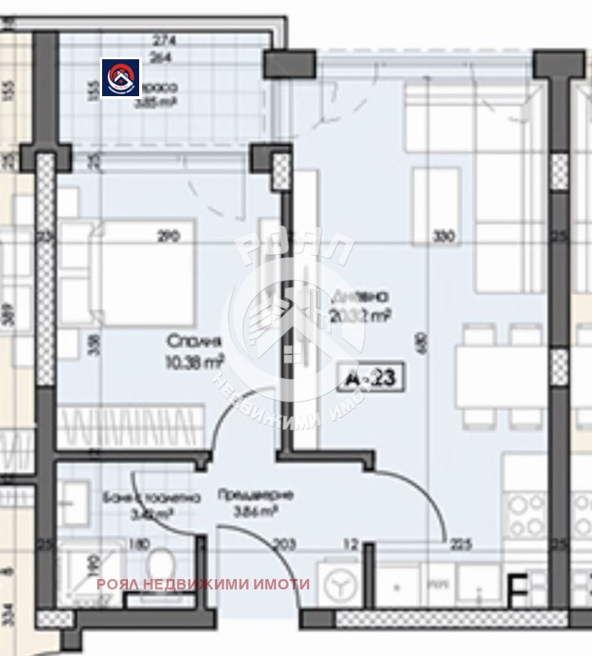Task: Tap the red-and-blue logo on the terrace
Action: pos(121,78)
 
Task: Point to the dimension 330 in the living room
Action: pos(444,237)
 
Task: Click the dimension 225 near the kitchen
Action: pos(460,546)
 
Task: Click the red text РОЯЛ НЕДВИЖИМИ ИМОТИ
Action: pos(203,584)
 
